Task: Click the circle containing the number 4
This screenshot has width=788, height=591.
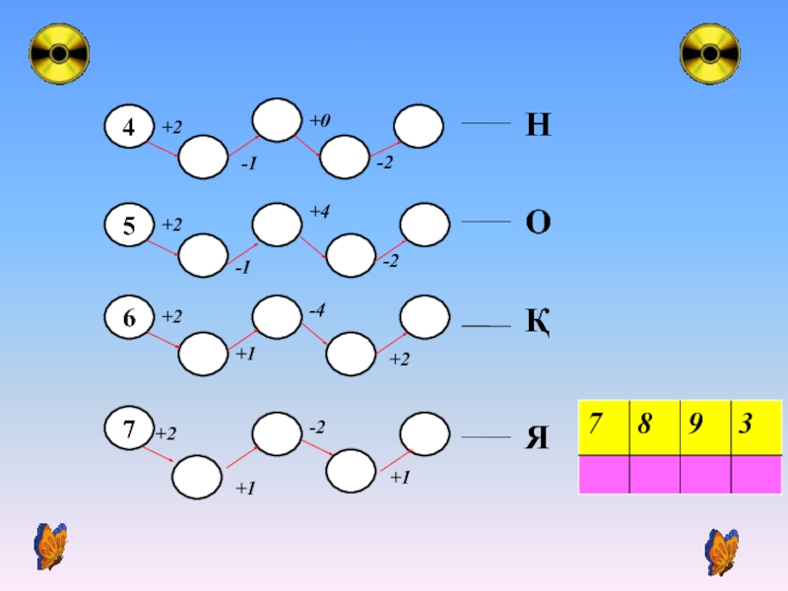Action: [x=129, y=126]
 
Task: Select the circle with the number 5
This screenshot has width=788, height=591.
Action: [x=129, y=225]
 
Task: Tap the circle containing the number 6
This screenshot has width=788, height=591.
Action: [x=129, y=317]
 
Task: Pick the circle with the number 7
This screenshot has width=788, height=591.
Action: [x=129, y=427]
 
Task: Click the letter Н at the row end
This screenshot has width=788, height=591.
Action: [x=538, y=125]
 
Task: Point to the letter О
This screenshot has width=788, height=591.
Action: [x=538, y=223]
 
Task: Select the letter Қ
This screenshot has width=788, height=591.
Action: [x=538, y=322]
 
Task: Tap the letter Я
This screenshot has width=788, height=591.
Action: [x=537, y=437]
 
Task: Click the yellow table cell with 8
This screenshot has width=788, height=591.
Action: [x=655, y=427]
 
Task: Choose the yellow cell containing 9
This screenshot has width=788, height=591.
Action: [x=705, y=427]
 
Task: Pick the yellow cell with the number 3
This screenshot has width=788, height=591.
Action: [x=756, y=427]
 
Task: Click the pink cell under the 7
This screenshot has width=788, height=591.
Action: [x=604, y=475]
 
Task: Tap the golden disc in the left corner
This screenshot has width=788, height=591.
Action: [x=59, y=53]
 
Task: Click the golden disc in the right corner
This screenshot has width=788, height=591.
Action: [x=710, y=53]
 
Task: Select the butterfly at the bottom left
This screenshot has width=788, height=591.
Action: [x=50, y=547]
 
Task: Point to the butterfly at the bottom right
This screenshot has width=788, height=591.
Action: [x=722, y=553]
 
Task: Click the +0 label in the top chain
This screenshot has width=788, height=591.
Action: [x=319, y=120]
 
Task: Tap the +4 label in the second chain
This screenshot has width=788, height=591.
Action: [x=319, y=211]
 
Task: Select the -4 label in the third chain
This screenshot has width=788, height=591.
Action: [x=317, y=309]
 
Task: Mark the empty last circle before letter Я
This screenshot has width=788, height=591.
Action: [x=425, y=434]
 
